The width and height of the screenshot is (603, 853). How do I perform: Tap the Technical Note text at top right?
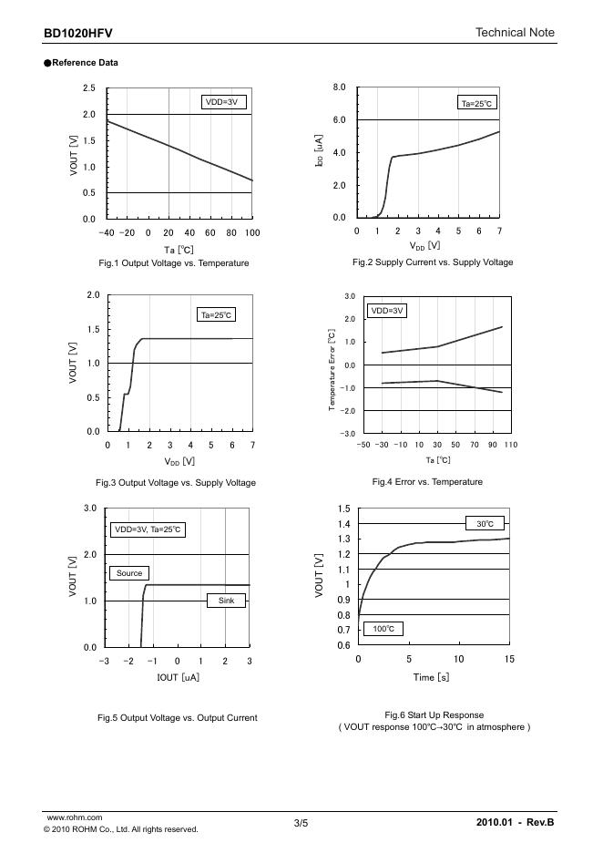(x=515, y=33)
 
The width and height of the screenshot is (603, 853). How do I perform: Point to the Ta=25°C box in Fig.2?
(x=477, y=104)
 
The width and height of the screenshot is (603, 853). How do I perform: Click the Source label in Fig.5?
(x=129, y=573)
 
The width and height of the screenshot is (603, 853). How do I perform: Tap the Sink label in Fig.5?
(x=226, y=601)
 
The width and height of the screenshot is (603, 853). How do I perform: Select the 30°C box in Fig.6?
(x=485, y=524)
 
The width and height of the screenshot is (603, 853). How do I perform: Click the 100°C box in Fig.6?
(x=383, y=629)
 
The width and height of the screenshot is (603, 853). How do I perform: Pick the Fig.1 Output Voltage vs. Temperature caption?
(x=173, y=262)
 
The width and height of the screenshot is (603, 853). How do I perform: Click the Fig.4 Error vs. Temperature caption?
(x=427, y=481)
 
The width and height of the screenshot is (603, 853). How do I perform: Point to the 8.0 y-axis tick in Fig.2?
(x=339, y=87)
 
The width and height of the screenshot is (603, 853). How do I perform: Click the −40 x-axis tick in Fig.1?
(x=107, y=233)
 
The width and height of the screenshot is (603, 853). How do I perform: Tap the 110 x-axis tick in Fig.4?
(x=510, y=445)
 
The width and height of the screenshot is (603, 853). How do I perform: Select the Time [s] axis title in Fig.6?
(x=431, y=677)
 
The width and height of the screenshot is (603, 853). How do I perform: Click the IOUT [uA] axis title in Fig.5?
(x=178, y=677)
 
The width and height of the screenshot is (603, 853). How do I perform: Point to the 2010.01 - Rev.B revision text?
(x=515, y=823)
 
